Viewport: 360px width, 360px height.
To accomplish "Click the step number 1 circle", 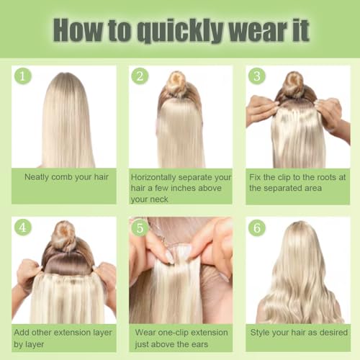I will [x=23, y=76].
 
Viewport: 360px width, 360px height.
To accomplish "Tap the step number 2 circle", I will [x=140, y=76].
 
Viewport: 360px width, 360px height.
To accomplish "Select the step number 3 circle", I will [x=256, y=76].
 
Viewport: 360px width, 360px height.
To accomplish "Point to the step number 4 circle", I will [x=23, y=228].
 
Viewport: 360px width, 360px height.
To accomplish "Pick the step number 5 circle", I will [x=140, y=228].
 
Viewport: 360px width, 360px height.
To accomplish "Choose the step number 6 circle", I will [x=256, y=228].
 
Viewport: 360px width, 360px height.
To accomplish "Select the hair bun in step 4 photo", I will [x=64, y=235].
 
